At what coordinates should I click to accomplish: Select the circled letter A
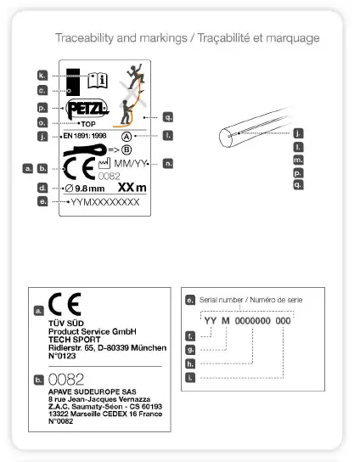(x=127, y=136)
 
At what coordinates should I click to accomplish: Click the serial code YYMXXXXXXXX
(x=105, y=203)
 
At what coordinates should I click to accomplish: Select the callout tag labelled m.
(x=298, y=160)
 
